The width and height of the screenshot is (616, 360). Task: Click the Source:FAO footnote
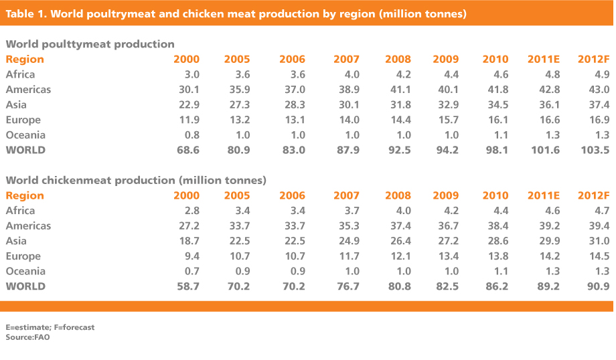27,337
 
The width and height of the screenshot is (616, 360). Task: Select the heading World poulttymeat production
90,44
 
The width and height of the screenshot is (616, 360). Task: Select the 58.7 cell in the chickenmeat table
185,286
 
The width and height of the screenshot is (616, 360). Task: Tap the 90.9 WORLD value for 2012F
597,286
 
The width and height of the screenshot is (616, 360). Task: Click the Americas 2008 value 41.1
400,90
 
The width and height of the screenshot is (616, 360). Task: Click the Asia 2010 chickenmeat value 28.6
497,241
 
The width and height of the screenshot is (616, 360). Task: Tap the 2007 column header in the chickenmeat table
346,195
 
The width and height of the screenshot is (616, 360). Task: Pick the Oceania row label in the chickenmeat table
25,271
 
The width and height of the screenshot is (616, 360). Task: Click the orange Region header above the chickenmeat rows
25,195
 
